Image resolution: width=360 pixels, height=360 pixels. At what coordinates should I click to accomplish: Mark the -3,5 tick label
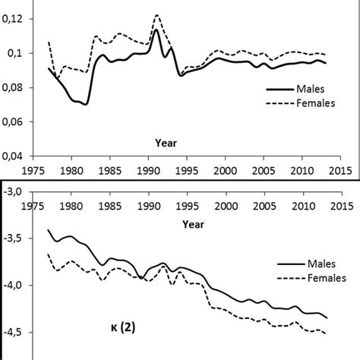click(18, 238)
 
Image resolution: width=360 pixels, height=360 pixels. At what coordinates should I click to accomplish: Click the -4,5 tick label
click(18, 332)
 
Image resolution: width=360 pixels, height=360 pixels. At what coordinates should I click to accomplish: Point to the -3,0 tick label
click(18, 191)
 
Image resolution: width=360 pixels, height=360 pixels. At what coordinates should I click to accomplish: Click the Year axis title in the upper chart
click(166, 141)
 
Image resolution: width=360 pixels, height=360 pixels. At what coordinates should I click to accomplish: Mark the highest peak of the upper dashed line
click(156, 15)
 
